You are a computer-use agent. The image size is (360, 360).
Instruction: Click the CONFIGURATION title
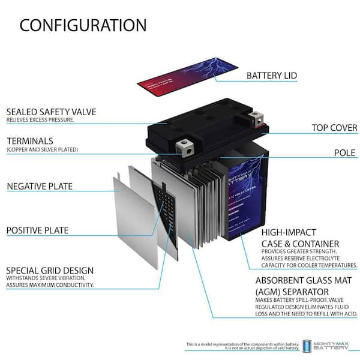[83, 25]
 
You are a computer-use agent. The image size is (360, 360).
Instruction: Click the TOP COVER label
[334, 128]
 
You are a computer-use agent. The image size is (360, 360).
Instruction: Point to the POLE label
[344, 152]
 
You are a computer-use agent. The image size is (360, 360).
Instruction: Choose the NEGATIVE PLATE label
[40, 186]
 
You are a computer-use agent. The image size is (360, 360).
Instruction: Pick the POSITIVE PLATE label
[37, 230]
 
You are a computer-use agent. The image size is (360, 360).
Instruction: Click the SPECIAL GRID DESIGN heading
[50, 270]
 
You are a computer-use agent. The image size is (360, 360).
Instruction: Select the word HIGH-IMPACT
[287, 232]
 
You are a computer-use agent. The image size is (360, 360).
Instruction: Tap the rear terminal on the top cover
[256, 116]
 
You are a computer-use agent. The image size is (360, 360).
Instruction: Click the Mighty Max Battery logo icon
[307, 346]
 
